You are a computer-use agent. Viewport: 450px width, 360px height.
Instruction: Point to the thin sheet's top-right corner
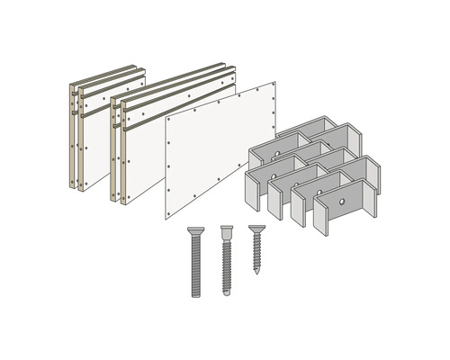[x=274, y=83]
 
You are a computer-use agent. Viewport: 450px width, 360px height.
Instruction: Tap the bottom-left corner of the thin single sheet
[x=165, y=219]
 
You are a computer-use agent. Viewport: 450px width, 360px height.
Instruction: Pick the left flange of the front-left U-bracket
[x=250, y=189]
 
